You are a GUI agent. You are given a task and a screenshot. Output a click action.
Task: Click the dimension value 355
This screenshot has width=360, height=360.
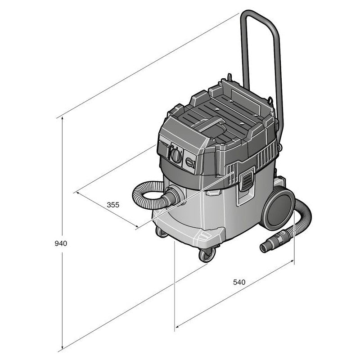(x=113, y=204)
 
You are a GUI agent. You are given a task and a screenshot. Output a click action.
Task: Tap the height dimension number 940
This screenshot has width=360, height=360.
(x=60, y=243)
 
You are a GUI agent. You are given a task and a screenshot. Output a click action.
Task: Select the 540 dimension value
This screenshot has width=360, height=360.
(x=239, y=282)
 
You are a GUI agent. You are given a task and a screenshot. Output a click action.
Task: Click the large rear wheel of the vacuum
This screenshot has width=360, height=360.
(x=277, y=209)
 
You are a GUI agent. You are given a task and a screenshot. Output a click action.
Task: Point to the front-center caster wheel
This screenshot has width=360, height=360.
(x=207, y=255)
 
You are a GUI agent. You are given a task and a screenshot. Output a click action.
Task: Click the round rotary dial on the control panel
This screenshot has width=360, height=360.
(x=176, y=156)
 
